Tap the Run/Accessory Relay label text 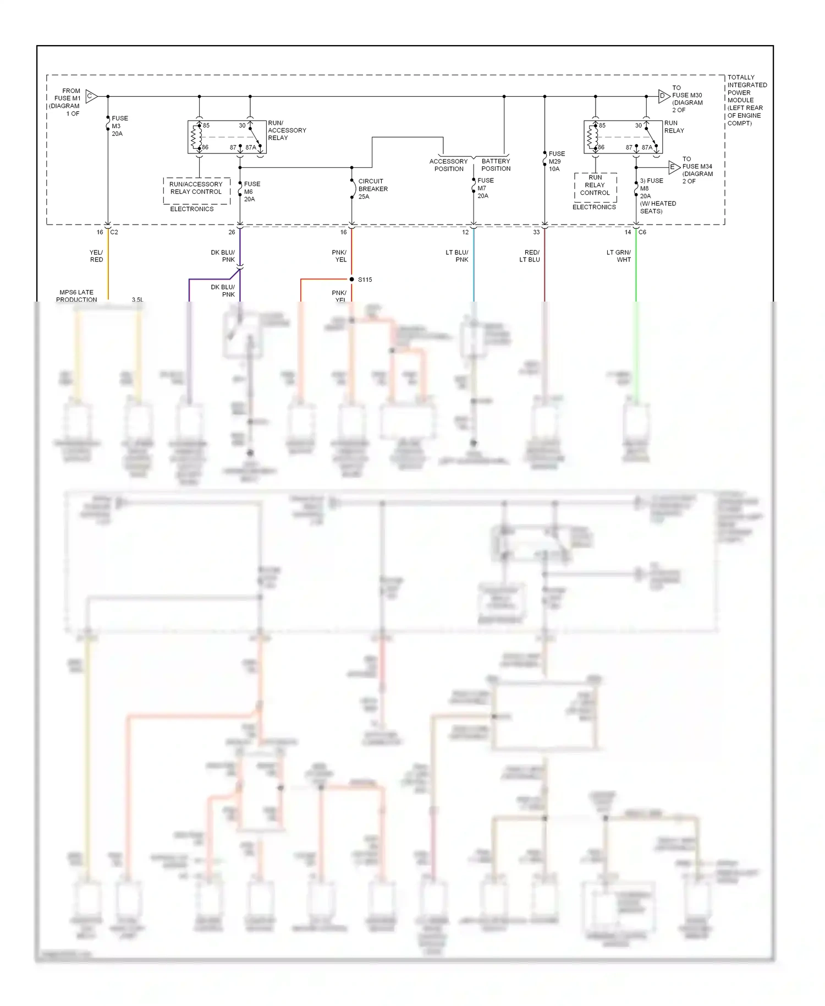click(x=287, y=130)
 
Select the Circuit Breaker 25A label click(x=372, y=189)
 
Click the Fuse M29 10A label click(x=556, y=161)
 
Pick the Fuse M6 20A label click(x=251, y=192)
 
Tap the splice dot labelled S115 click(x=352, y=280)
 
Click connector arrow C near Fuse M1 click(x=91, y=96)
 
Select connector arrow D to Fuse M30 click(x=664, y=96)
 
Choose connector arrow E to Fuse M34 click(x=674, y=167)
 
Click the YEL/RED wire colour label click(x=96, y=256)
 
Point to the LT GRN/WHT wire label click(x=619, y=256)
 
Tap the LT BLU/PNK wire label click(x=457, y=256)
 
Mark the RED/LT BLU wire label click(x=530, y=256)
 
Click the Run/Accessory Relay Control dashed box click(x=196, y=188)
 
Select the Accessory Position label click(x=449, y=165)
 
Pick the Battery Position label click(x=496, y=165)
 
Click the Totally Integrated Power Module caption click(x=746, y=100)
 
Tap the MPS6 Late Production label click(x=76, y=296)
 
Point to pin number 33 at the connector click(x=536, y=232)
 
